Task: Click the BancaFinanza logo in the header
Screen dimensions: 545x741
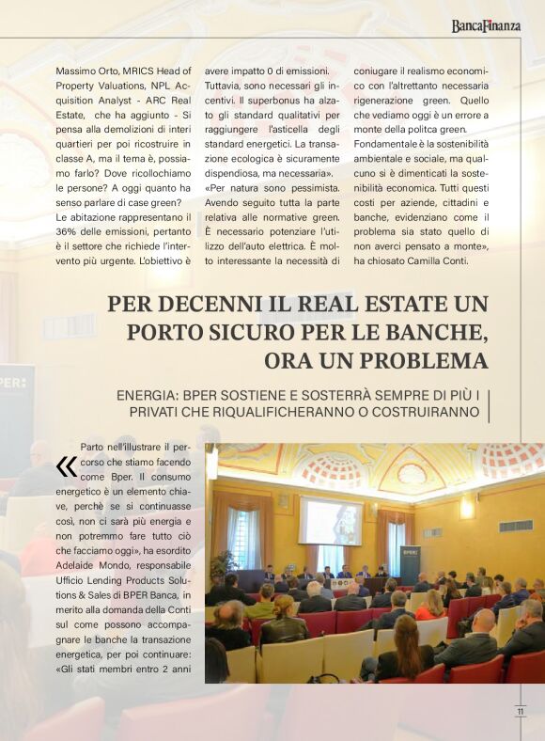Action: [485, 25]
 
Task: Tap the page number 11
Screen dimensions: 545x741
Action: [520, 712]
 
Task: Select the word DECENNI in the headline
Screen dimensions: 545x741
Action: [197, 305]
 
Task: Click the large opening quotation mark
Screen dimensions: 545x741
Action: [66, 466]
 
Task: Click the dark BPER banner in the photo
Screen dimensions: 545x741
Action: [410, 564]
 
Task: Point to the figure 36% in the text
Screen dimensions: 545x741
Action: [68, 231]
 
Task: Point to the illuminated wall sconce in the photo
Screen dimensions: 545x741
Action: [467, 509]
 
